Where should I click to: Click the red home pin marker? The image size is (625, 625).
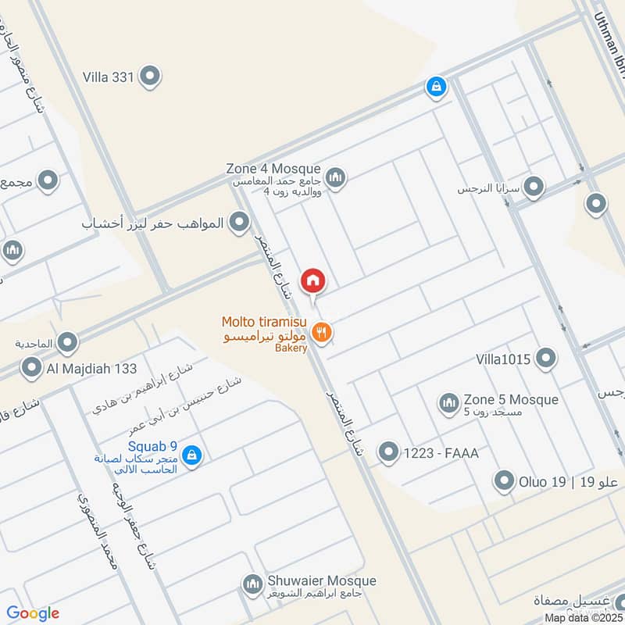click(313, 280)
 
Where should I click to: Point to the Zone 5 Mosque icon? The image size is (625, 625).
click(448, 403)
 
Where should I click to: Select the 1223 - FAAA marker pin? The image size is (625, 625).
click(388, 452)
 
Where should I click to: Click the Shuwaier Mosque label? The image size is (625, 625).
click(321, 580)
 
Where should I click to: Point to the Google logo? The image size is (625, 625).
click(33, 613)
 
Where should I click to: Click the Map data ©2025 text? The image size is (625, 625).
click(584, 617)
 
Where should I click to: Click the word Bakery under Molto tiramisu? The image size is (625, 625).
click(291, 348)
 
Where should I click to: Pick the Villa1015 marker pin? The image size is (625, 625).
click(546, 359)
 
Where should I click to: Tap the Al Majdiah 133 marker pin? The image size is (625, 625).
click(32, 366)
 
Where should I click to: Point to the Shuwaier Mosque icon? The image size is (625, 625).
click(252, 584)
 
